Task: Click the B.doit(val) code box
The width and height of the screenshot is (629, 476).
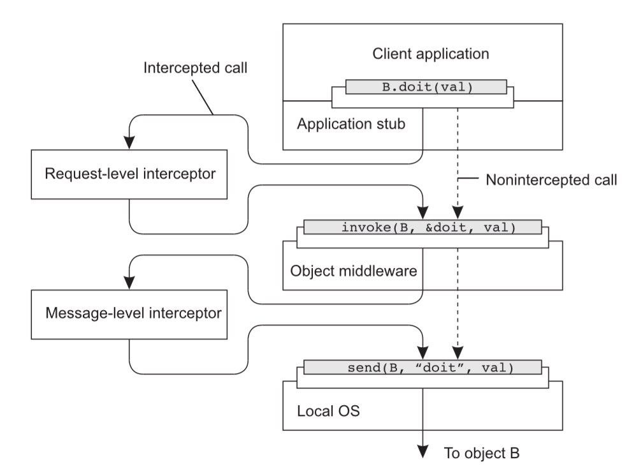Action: pos(426,87)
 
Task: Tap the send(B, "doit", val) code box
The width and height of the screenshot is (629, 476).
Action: pos(422,368)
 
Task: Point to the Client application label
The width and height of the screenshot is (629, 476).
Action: pos(431,54)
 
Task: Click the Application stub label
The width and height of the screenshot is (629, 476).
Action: pos(351,124)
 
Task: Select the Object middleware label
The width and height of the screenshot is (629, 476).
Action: pos(353,271)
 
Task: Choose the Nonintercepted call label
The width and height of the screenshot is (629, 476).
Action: pos(551,180)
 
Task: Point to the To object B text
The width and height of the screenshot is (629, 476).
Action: pos(481,454)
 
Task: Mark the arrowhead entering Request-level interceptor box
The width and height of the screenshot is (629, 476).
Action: pos(129,144)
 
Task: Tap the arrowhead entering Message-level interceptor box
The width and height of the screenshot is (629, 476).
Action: pos(129,283)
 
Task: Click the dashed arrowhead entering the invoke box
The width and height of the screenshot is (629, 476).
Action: pos(457,215)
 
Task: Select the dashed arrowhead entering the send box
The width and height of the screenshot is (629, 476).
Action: pos(457,355)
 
